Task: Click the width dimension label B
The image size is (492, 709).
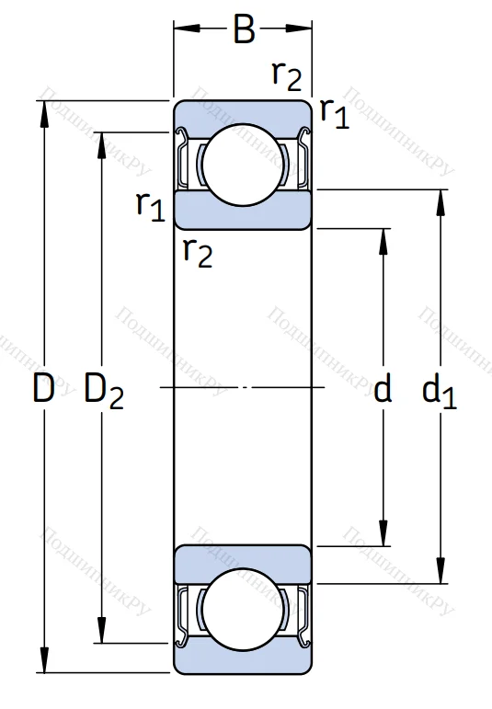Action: pyautogui.click(x=244, y=29)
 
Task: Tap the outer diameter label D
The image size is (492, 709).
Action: pyautogui.click(x=43, y=390)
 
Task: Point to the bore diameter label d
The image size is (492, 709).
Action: pyautogui.click(x=383, y=390)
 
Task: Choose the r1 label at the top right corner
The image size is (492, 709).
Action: pyautogui.click(x=335, y=112)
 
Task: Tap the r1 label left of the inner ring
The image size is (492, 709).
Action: pyautogui.click(x=151, y=206)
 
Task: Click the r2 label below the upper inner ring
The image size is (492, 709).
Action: pyautogui.click(x=197, y=250)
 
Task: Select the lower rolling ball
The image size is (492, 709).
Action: pyautogui.click(x=243, y=615)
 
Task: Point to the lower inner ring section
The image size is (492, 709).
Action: pyautogui.click(x=243, y=562)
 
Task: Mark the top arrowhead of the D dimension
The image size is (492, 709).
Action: pyautogui.click(x=43, y=109)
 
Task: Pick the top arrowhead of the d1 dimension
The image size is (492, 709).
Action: pyautogui.click(x=441, y=199)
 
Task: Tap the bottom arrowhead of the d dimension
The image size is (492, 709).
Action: pyautogui.click(x=383, y=537)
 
